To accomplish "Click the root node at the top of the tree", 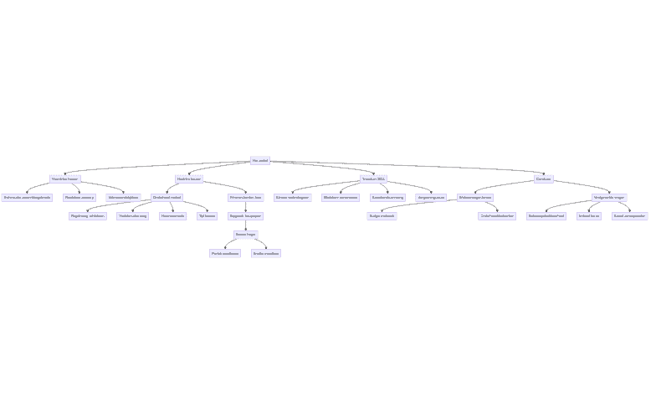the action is coord(260,160).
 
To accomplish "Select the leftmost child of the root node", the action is coord(64,179).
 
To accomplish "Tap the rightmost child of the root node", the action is coord(544,179).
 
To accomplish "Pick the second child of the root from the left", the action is coord(189,179).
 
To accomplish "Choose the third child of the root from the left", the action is coord(373,179).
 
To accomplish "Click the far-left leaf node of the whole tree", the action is coord(27,198).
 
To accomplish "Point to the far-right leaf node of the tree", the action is coord(629,216).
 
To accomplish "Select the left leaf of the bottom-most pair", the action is coord(224,253).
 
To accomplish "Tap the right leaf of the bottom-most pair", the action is coord(266,253).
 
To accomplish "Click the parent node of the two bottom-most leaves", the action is coord(245,235).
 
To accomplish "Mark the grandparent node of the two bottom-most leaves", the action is coord(245,216).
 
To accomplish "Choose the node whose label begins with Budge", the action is coord(382,216).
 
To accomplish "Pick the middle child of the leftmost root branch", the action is coord(79,198).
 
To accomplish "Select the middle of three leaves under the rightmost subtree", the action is coord(589,216).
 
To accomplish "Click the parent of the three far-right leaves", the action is coord(608,198).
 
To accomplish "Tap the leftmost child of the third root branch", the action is coord(292,198).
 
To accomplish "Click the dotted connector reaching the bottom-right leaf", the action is coord(263,244).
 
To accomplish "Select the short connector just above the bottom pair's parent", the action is coord(245,225).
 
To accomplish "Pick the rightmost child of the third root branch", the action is coord(432,198).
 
